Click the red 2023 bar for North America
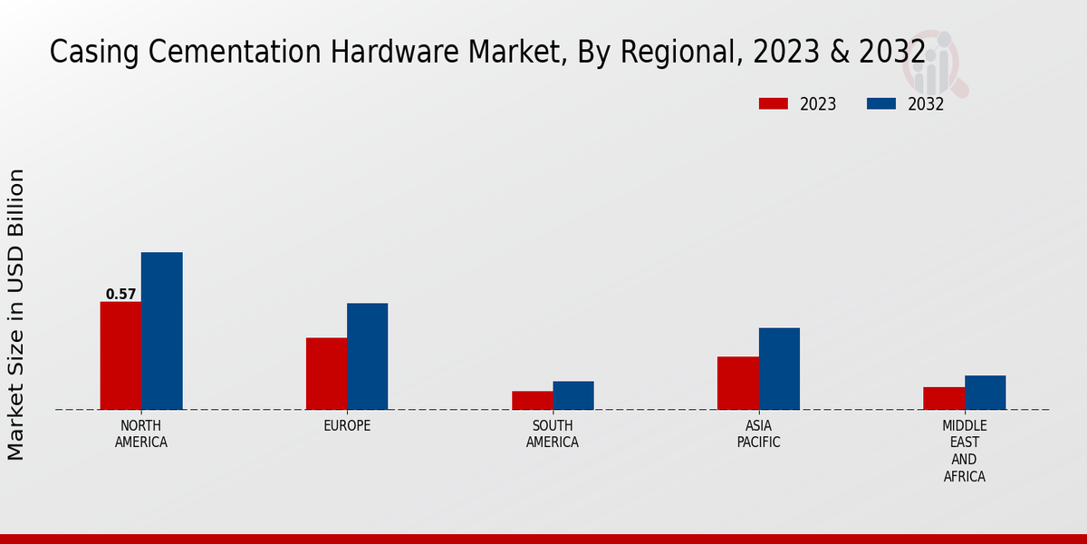[x=120, y=355]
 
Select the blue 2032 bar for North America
[x=161, y=331]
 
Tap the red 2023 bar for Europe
[x=326, y=374]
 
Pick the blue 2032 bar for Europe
[x=367, y=356]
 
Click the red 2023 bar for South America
[x=532, y=400]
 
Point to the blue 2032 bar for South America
[x=573, y=395]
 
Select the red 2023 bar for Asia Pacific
[x=737, y=383]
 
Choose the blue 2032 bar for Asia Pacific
[x=779, y=368]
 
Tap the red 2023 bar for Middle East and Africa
[x=944, y=398]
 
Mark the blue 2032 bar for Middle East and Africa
[x=985, y=393]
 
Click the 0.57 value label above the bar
[x=120, y=294]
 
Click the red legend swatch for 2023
[x=774, y=104]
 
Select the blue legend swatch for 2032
[x=881, y=104]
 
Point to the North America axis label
[x=141, y=433]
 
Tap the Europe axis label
[x=347, y=425]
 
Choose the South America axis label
[x=553, y=433]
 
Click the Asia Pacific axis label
[x=758, y=433]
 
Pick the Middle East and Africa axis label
[x=965, y=451]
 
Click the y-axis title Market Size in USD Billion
[x=16, y=314]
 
